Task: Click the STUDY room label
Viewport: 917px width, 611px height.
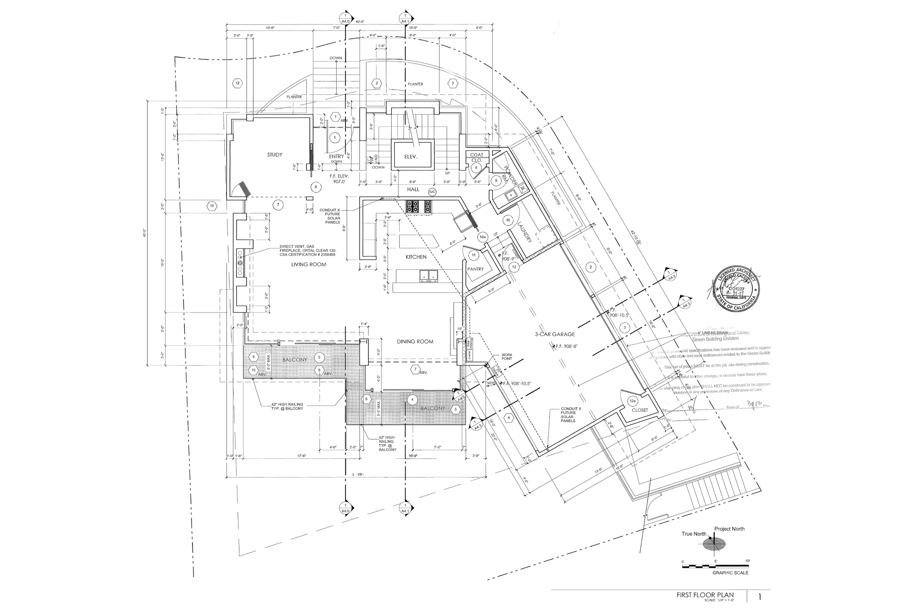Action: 274,154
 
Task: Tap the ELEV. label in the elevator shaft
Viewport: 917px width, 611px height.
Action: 411,158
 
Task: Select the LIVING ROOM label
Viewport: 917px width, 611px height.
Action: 308,265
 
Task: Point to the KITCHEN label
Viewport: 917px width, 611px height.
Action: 416,257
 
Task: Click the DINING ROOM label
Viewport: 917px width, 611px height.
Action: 415,342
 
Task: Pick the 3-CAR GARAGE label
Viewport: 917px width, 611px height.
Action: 555,335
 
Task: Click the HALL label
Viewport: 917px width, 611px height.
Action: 413,189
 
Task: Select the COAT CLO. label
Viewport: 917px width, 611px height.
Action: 476,157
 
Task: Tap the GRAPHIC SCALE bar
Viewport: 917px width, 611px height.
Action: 715,566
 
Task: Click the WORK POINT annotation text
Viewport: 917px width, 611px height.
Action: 506,356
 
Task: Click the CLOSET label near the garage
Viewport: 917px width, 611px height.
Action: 640,409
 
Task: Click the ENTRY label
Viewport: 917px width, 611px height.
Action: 336,156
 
